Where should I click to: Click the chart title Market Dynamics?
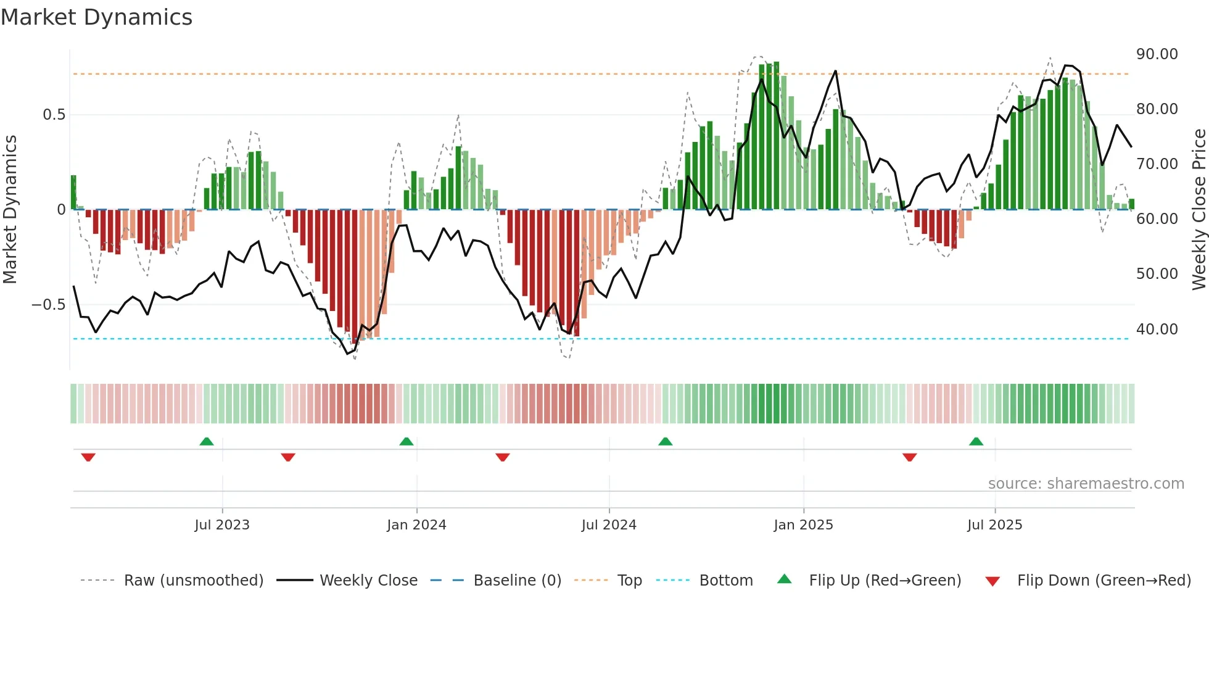(x=96, y=17)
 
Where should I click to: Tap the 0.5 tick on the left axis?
(x=54, y=115)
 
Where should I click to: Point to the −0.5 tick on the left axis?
(x=48, y=305)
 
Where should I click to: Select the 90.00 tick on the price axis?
(x=1157, y=54)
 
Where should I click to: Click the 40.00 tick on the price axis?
(x=1157, y=330)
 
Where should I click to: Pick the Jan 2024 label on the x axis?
(x=416, y=525)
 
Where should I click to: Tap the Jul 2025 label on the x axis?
(x=994, y=525)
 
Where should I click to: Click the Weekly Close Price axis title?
(x=1199, y=210)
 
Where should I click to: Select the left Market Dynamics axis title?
(x=10, y=210)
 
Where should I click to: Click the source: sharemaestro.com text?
(x=1086, y=484)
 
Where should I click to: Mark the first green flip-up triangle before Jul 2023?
(x=207, y=441)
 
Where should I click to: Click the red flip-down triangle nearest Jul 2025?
(x=909, y=457)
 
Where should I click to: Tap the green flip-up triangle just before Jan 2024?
(x=406, y=441)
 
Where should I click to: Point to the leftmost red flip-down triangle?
(x=88, y=457)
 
